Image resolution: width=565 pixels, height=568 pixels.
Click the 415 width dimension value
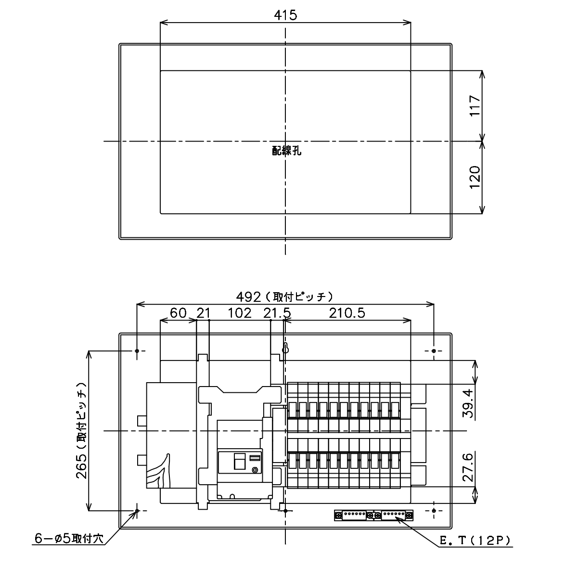(x=285, y=15)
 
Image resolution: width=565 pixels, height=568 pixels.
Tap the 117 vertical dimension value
(x=475, y=105)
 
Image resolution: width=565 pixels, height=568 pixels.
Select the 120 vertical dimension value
(x=475, y=177)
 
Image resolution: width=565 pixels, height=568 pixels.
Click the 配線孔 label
(x=286, y=151)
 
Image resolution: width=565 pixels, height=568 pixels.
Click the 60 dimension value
(x=178, y=313)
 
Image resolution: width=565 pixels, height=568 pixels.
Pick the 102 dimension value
(x=239, y=313)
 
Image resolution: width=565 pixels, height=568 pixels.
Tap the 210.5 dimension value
(x=347, y=313)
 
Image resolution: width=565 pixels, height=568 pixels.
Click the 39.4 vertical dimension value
(x=469, y=403)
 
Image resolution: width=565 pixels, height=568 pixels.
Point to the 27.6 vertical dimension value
(x=469, y=467)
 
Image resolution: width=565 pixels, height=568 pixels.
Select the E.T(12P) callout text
(x=475, y=541)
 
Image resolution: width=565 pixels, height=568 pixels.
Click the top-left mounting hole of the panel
(x=137, y=350)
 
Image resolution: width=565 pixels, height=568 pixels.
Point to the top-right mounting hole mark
(x=434, y=350)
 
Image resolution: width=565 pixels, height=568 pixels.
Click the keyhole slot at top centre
(x=285, y=348)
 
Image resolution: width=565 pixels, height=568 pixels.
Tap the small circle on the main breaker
(x=255, y=470)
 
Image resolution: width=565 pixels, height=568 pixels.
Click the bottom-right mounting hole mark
(x=434, y=511)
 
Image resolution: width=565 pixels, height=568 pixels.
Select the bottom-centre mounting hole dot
(x=285, y=511)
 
